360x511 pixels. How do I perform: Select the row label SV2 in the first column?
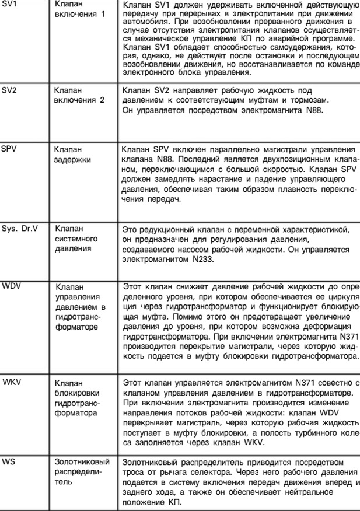(10, 90)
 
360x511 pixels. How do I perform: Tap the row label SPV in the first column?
(9, 149)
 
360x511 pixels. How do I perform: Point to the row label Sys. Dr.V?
(20, 228)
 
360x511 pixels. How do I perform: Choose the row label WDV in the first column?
(11, 286)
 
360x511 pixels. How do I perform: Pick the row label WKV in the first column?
(12, 382)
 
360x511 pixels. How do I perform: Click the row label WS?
(8, 461)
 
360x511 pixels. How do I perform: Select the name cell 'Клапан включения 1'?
(79, 8)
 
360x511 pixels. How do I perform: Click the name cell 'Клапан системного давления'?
(76, 239)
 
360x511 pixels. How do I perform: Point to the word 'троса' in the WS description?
(134, 471)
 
